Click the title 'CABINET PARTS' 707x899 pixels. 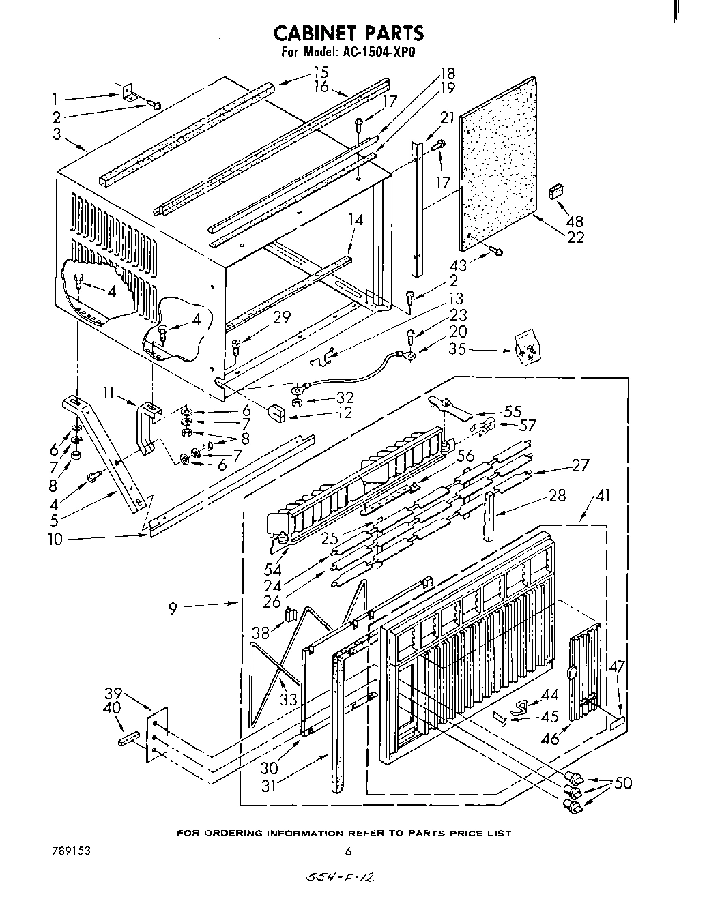coord(348,33)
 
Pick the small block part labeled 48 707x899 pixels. coord(555,192)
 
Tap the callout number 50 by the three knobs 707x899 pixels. coord(622,784)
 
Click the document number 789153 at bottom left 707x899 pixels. coord(71,851)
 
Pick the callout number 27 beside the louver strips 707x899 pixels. coord(579,467)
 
